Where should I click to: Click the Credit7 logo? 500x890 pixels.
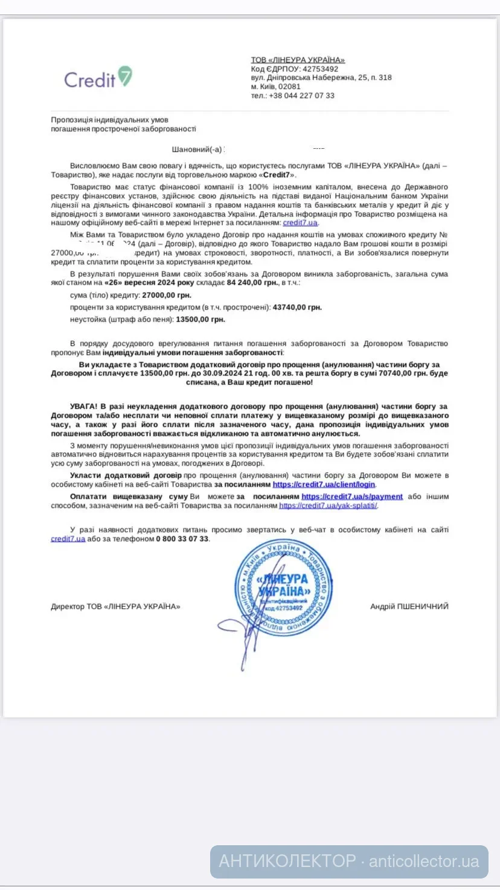pyautogui.click(x=98, y=78)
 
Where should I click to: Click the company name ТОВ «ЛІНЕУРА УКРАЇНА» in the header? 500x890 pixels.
pyautogui.click(x=298, y=60)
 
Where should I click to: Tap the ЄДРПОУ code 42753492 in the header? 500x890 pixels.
pyautogui.click(x=320, y=69)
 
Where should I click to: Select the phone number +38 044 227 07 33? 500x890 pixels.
pyautogui.click(x=301, y=96)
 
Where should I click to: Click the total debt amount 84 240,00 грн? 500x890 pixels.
pyautogui.click(x=253, y=282)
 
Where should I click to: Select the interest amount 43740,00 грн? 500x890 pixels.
pyautogui.click(x=297, y=307)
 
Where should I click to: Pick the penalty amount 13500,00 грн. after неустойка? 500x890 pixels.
pyautogui.click(x=200, y=319)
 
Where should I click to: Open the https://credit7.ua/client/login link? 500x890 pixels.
pyautogui.click(x=324, y=484)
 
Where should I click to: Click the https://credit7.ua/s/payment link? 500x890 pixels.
pyautogui.click(x=352, y=496)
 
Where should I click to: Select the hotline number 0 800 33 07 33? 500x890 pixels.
pyautogui.click(x=182, y=539)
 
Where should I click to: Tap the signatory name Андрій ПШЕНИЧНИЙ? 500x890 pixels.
pyautogui.click(x=409, y=606)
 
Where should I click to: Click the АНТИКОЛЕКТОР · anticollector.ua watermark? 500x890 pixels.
pyautogui.click(x=348, y=861)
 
